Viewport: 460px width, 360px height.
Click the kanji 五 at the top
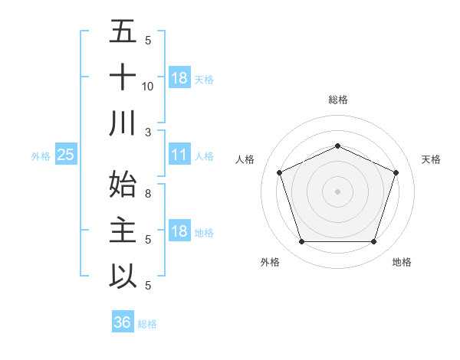pyautogui.click(x=123, y=31)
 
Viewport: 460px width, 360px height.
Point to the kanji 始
pyautogui.click(x=123, y=185)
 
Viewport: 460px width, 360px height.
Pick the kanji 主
pyautogui.click(x=123, y=231)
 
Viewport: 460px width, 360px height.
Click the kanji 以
pyautogui.click(x=123, y=277)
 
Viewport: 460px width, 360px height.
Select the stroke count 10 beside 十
pyautogui.click(x=148, y=87)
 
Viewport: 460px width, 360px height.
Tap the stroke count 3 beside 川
pyautogui.click(x=148, y=133)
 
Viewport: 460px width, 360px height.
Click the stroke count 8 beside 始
pyautogui.click(x=148, y=194)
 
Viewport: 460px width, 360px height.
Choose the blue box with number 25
pyautogui.click(x=65, y=155)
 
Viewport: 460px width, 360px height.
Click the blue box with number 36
pyautogui.click(x=122, y=322)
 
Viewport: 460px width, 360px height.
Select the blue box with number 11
pyautogui.click(x=179, y=155)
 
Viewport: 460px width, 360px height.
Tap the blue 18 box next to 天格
pyautogui.click(x=179, y=77)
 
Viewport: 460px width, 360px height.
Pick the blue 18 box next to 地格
pyautogui.click(x=179, y=231)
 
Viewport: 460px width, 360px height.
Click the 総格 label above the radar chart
pyautogui.click(x=337, y=100)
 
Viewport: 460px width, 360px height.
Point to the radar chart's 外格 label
pyautogui.click(x=270, y=262)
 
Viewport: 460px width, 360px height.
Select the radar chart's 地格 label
pyautogui.click(x=402, y=262)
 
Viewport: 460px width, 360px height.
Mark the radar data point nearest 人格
pyautogui.click(x=279, y=172)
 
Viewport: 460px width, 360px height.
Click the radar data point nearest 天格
pyautogui.click(x=396, y=172)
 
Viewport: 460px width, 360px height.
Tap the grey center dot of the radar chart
pyautogui.click(x=337, y=191)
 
